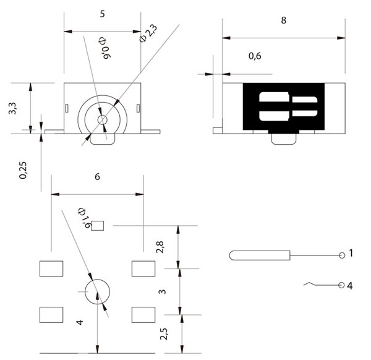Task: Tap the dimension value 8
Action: click(x=283, y=20)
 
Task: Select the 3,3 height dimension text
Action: click(x=12, y=109)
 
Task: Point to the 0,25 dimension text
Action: click(x=23, y=169)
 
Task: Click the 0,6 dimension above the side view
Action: click(x=255, y=56)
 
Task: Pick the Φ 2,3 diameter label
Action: click(x=148, y=32)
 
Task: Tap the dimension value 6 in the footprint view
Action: click(x=97, y=177)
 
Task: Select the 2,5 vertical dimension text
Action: click(x=163, y=335)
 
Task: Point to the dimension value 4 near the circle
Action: click(x=79, y=323)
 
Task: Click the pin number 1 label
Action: click(x=351, y=253)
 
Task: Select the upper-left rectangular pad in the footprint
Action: click(x=51, y=268)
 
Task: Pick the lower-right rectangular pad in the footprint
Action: click(x=143, y=314)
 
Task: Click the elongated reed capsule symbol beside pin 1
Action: click(x=260, y=255)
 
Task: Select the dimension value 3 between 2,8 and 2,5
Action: click(x=162, y=291)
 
